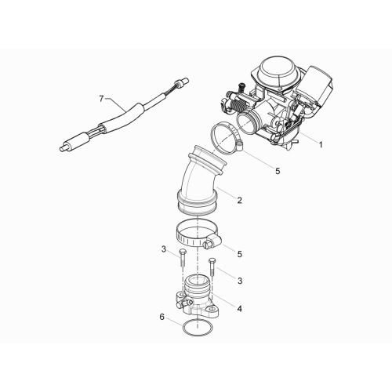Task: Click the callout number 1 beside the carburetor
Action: [x=321, y=144]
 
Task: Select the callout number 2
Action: [x=240, y=200]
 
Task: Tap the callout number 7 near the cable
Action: [x=102, y=99]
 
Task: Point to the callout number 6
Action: [x=162, y=317]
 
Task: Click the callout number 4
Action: [x=239, y=309]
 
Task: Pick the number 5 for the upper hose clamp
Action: [x=278, y=171]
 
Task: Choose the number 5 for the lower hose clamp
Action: [x=240, y=254]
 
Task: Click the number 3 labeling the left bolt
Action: [x=164, y=249]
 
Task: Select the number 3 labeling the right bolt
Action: [x=240, y=281]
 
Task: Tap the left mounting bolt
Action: [x=182, y=258]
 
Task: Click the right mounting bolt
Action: [x=212, y=267]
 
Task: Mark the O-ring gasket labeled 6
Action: [x=198, y=328]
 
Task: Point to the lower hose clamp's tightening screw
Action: [x=208, y=245]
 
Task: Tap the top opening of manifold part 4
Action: [x=198, y=280]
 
